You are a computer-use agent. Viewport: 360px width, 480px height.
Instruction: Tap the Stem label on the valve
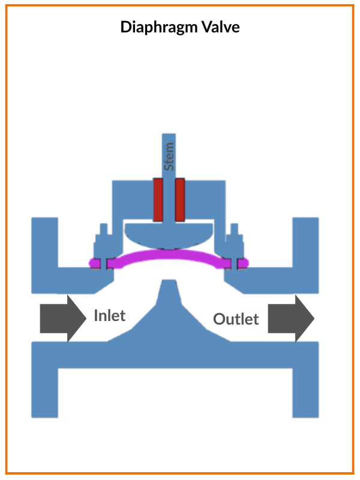[170, 156]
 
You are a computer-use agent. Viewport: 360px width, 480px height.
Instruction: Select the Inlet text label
[110, 315]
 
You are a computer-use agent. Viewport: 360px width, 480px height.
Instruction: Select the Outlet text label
[236, 319]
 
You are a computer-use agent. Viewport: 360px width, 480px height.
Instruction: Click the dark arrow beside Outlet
[290, 318]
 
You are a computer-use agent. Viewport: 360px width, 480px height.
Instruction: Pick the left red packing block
[159, 199]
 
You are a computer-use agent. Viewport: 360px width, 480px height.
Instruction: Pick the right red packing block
[179, 199]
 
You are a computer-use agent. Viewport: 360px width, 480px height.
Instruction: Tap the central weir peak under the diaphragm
[169, 294]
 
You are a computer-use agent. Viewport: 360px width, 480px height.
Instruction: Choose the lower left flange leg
[44, 390]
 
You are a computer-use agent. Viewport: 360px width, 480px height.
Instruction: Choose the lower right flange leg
[305, 390]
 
